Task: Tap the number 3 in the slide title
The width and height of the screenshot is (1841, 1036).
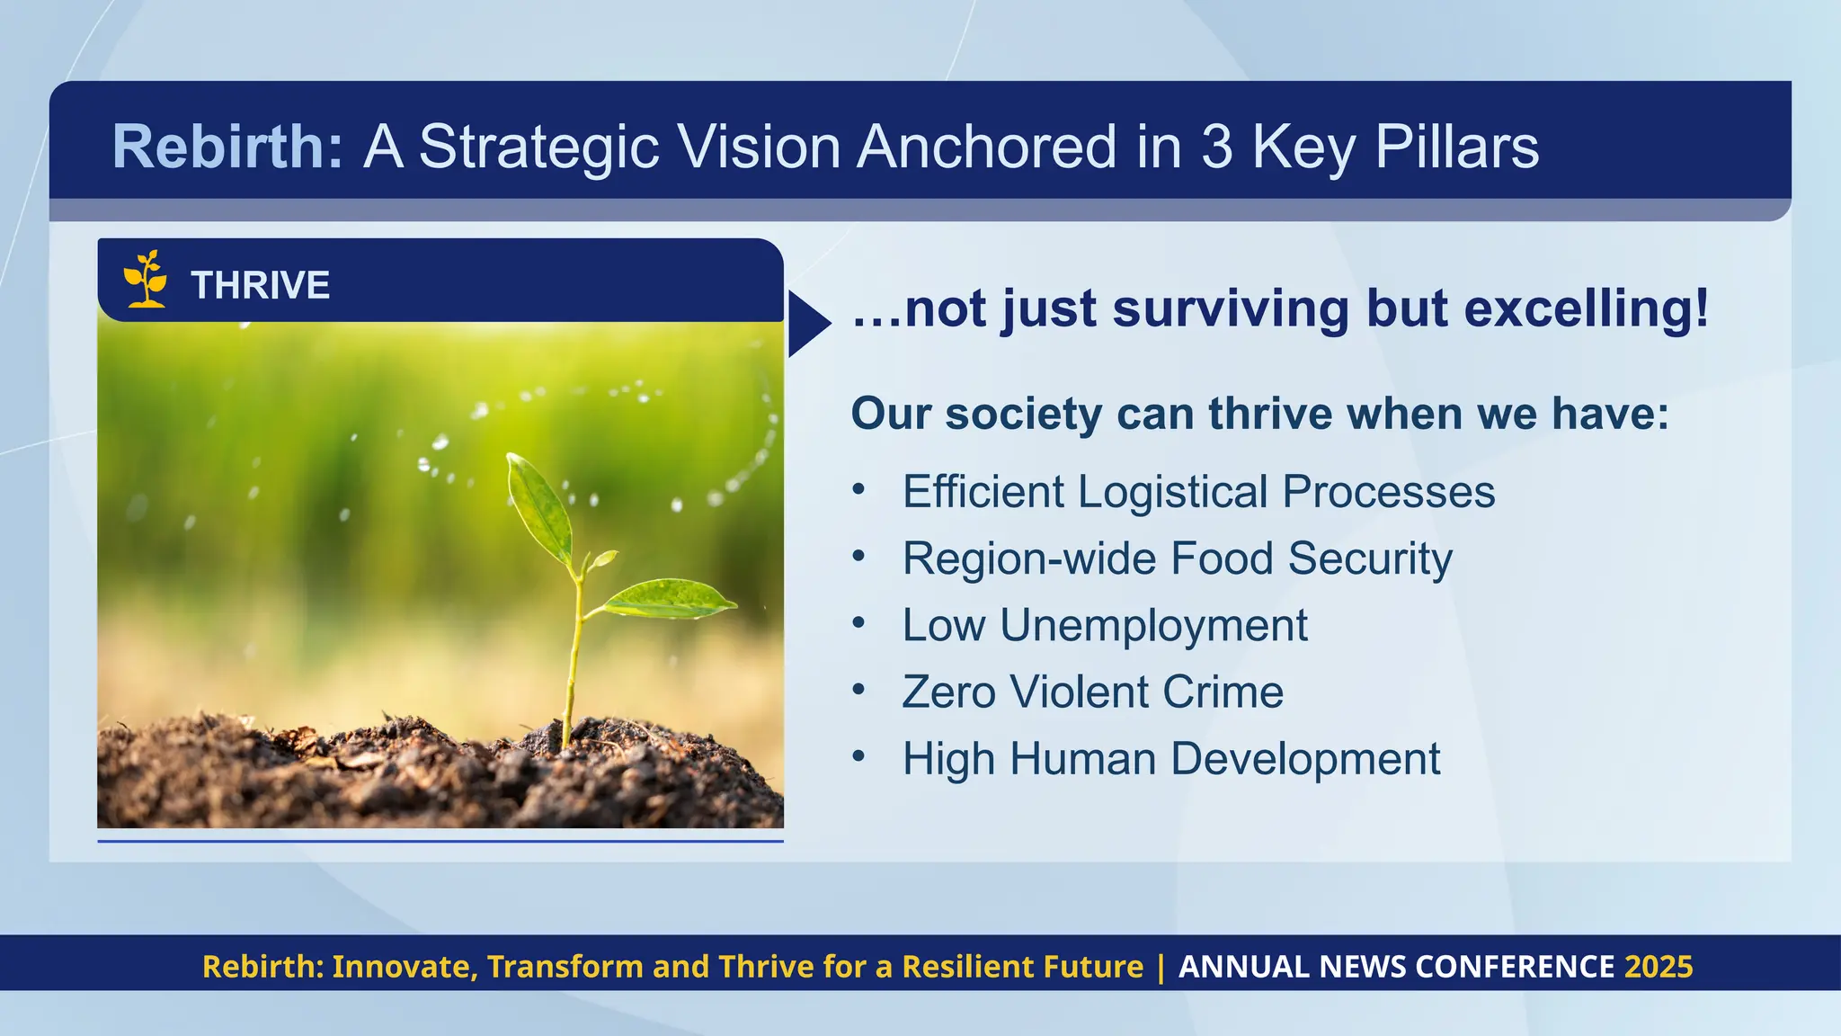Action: point(1216,147)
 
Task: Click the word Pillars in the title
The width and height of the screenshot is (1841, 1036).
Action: point(1456,147)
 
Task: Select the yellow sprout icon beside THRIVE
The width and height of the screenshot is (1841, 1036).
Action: point(146,280)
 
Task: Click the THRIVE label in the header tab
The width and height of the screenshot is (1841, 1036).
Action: point(260,285)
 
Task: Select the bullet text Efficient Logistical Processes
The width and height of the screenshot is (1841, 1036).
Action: point(1198,492)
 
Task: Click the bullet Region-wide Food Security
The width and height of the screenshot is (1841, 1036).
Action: point(1177,558)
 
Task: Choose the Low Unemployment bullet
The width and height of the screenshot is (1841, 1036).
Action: point(1104,625)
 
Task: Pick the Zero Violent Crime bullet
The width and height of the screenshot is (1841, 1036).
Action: point(1092,692)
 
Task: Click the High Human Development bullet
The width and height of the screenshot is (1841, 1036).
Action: point(1170,758)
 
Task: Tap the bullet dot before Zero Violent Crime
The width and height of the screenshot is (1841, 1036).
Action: point(858,689)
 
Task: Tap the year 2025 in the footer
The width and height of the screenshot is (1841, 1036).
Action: point(1659,967)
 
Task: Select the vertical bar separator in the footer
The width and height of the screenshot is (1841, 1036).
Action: point(1161,967)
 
